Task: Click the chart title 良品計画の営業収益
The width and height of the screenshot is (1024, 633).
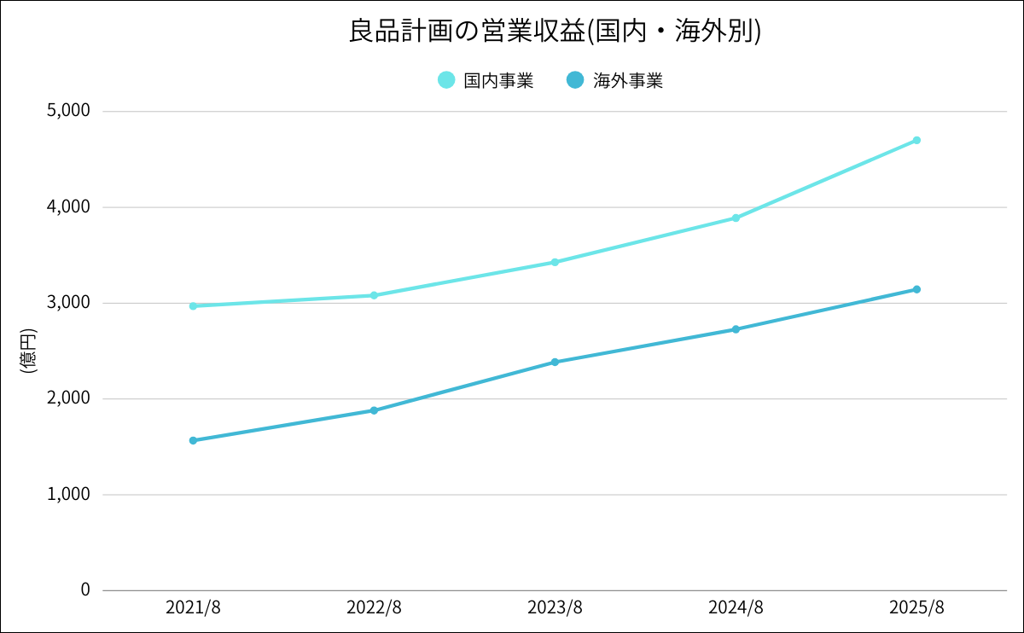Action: [x=555, y=32]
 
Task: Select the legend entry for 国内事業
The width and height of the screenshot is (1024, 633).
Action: [x=486, y=80]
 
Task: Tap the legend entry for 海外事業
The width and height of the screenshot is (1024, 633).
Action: [x=615, y=80]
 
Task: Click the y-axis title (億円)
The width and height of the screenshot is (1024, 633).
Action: [x=27, y=351]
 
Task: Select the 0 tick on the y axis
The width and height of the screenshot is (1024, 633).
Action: [x=84, y=589]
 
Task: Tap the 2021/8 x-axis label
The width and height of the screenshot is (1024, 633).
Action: [x=193, y=607]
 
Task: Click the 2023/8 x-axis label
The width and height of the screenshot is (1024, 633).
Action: [x=555, y=607]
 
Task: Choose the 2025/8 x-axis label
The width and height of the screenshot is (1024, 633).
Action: [x=916, y=607]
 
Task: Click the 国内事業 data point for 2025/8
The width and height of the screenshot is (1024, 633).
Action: [x=916, y=140]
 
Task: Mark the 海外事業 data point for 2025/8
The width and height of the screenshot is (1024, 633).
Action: [x=916, y=289]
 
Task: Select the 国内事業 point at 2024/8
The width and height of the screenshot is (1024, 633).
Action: [x=736, y=218]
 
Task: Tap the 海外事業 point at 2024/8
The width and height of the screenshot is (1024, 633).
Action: [x=736, y=329]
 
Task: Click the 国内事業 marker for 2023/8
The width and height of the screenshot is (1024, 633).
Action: [x=555, y=262]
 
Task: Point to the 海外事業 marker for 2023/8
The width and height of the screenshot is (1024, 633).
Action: [x=555, y=362]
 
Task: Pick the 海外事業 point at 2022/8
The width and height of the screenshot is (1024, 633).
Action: [x=374, y=410]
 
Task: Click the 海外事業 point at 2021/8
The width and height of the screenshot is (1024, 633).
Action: [x=193, y=440]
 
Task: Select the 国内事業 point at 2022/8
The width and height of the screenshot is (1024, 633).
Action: [x=374, y=295]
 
